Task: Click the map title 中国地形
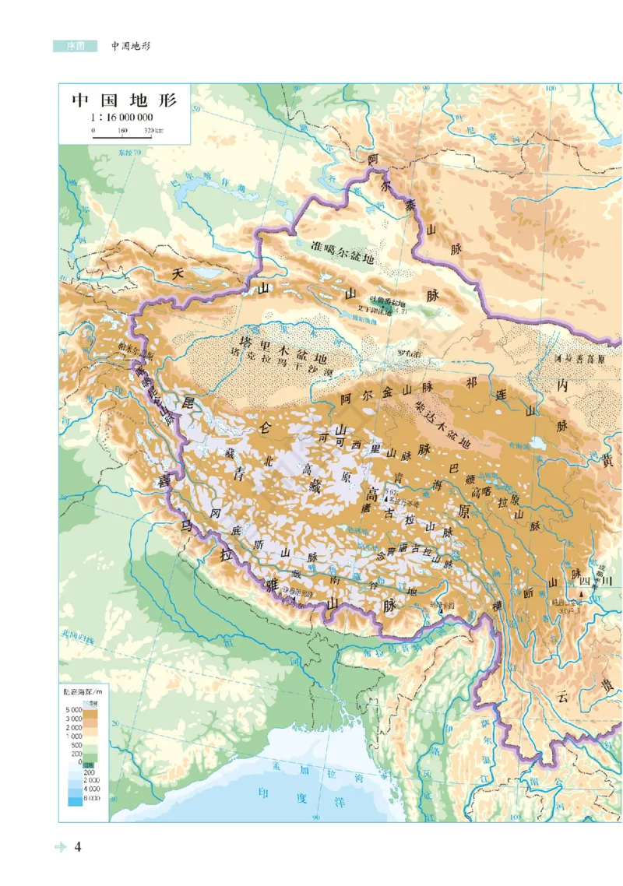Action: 125,100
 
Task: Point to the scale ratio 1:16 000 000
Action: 122,118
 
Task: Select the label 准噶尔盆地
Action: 343,246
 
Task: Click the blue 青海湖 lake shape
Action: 537,444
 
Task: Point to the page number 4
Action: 78,847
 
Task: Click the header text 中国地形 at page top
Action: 130,46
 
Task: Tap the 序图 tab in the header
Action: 75,46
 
